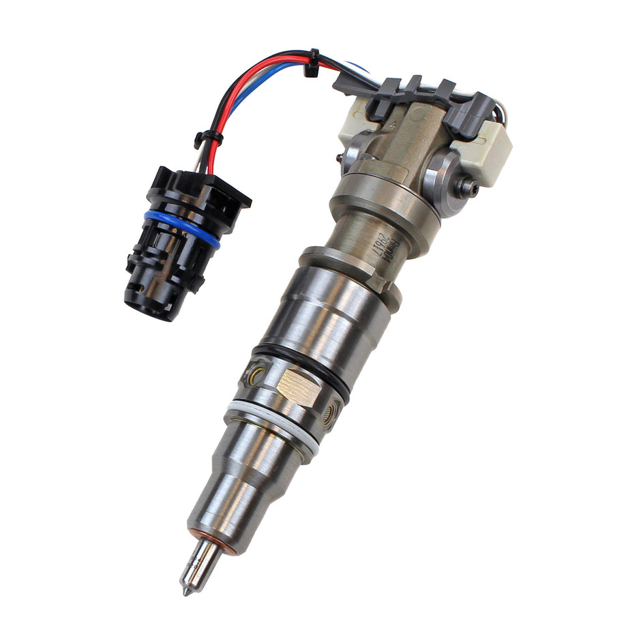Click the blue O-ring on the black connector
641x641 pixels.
(182, 228)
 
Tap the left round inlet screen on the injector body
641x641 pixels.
(258, 373)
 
